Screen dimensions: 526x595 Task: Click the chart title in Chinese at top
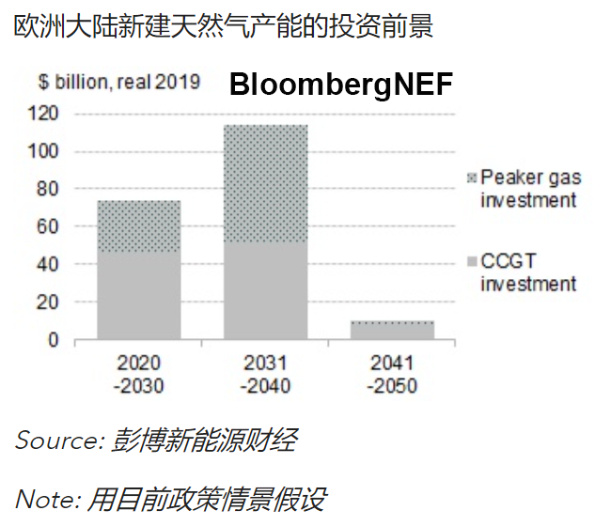point(224,26)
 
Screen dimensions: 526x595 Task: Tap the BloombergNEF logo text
point(341,85)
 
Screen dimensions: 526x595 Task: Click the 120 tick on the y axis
point(46,114)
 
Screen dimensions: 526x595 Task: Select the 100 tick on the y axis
point(46,151)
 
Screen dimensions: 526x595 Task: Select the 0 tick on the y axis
point(55,340)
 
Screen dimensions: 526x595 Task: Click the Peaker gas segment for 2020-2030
point(139,225)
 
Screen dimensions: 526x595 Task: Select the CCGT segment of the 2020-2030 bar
point(139,295)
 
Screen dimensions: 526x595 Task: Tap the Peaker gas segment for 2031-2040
point(266,183)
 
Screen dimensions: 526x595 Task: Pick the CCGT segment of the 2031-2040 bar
point(266,291)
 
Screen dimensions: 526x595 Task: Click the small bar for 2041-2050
point(393,330)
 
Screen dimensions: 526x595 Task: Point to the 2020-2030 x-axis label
point(139,374)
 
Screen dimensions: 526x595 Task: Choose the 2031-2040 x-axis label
point(266,374)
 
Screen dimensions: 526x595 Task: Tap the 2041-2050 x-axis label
point(393,374)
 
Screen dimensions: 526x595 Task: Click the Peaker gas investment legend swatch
point(472,178)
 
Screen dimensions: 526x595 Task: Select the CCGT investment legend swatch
point(472,260)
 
